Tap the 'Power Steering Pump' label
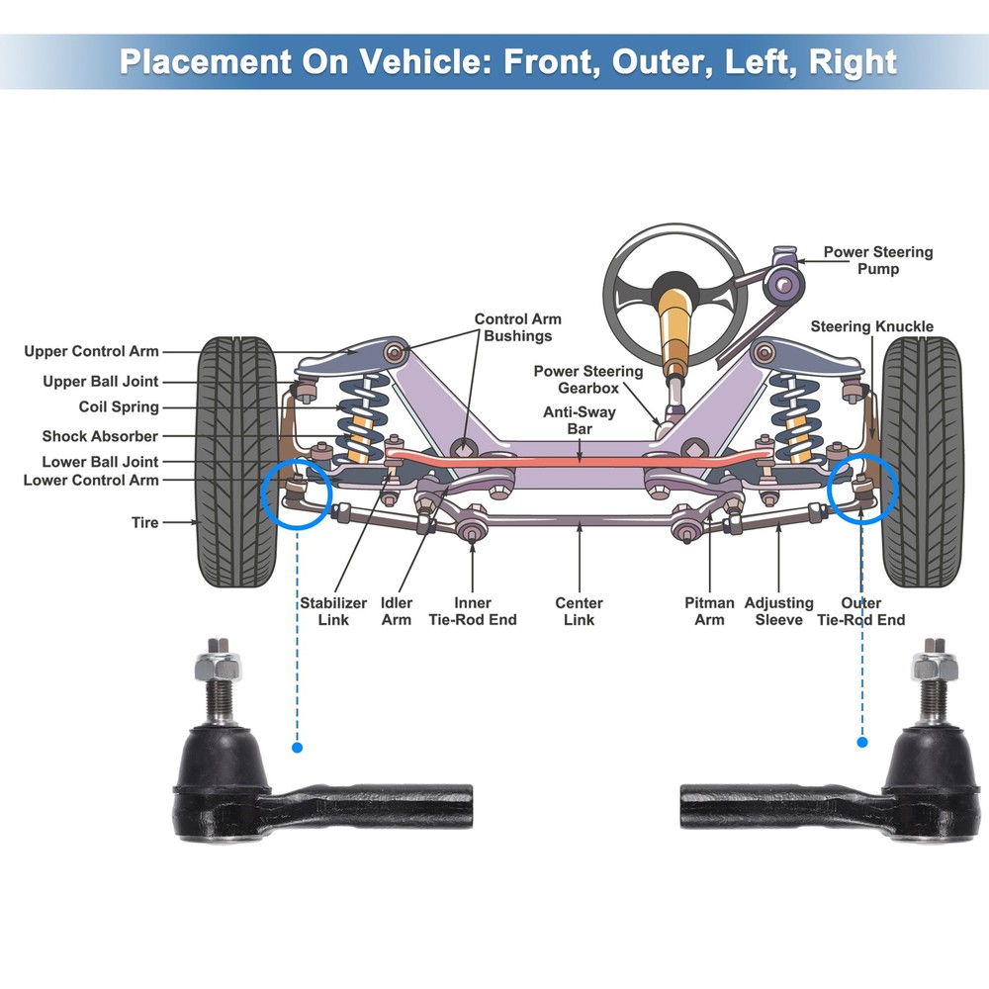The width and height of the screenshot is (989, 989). click(x=877, y=260)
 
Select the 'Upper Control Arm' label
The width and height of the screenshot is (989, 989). click(x=91, y=351)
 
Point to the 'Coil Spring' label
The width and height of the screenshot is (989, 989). click(x=119, y=407)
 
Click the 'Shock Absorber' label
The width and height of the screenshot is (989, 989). click(x=100, y=436)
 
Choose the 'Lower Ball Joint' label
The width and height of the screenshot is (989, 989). click(x=100, y=462)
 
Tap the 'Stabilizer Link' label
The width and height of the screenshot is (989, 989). click(x=333, y=611)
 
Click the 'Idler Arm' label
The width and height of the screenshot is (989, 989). click(x=397, y=611)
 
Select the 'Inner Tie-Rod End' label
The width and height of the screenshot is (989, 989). click(x=472, y=611)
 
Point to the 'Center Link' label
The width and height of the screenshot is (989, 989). click(x=579, y=611)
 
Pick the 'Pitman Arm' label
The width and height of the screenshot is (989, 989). click(x=709, y=611)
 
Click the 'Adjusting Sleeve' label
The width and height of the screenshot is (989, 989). click(x=778, y=611)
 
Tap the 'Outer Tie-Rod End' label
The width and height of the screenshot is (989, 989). click(x=859, y=611)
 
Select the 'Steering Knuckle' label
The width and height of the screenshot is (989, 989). click(x=871, y=326)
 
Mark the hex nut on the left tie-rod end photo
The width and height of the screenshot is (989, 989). click(x=220, y=665)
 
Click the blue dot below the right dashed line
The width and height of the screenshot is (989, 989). click(x=861, y=742)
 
